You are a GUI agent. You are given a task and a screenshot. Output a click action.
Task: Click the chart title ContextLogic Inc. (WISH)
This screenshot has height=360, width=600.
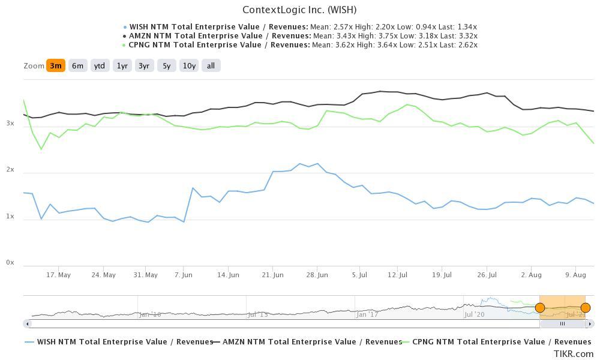(299, 10)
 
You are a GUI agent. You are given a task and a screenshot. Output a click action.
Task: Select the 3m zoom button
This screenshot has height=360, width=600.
(55, 66)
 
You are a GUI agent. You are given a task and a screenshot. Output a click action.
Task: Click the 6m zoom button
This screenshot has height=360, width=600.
(77, 66)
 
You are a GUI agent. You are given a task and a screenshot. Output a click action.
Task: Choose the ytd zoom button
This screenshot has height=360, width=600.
(100, 66)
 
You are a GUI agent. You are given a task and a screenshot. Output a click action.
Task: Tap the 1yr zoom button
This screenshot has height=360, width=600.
(122, 66)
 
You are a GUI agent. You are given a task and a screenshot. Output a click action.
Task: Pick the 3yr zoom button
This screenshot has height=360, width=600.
(144, 66)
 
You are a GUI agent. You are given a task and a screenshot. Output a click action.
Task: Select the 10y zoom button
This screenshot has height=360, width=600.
(189, 66)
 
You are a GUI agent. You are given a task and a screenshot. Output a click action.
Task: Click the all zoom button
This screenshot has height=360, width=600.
(211, 66)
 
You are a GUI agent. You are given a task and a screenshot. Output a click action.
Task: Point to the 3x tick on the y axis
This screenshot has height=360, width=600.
(10, 123)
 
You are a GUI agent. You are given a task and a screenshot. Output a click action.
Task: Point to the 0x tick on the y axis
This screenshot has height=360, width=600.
(10, 262)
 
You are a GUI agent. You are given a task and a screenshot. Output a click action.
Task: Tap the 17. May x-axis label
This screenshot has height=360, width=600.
(59, 275)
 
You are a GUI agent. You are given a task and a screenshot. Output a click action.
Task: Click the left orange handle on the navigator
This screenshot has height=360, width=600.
(540, 308)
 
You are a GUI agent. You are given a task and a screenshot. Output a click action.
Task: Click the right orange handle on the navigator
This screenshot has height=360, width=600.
(586, 308)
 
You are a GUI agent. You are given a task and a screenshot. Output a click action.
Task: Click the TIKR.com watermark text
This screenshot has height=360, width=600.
(574, 354)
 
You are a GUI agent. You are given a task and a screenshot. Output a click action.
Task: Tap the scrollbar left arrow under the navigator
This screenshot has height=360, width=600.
(26, 323)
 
